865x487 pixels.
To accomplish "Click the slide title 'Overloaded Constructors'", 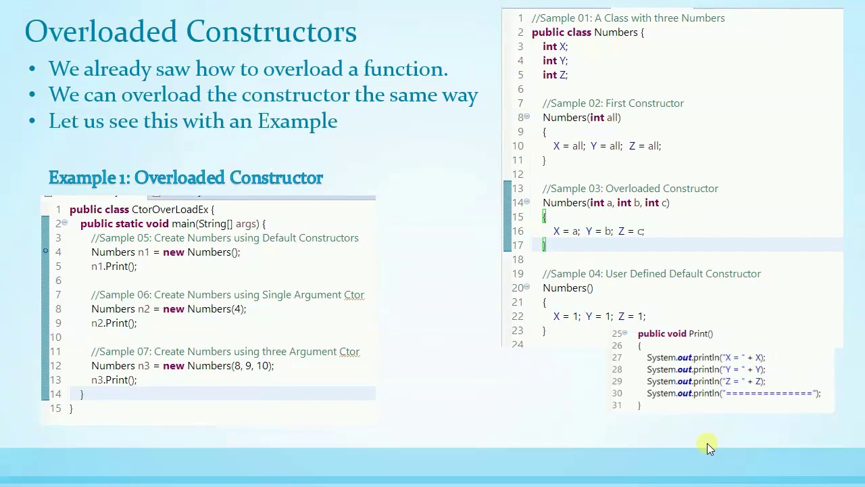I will click(191, 32).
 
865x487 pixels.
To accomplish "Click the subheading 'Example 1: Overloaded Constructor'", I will click(186, 178).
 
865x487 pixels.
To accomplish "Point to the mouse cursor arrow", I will click(709, 447).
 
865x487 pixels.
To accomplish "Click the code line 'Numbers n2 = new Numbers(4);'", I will click(169, 309).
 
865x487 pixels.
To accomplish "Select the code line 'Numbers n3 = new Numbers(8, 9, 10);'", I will click(182, 366).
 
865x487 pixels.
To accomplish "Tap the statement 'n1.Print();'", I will click(114, 266).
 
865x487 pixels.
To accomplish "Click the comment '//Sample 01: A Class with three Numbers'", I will click(628, 18).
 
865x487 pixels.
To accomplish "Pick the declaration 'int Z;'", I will click(555, 75).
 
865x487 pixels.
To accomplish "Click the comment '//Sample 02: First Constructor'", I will click(613, 103).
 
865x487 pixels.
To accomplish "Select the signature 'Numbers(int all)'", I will click(581, 118).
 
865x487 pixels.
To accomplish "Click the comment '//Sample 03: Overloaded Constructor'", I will click(630, 189).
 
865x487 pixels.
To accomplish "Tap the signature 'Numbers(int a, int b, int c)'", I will click(605, 203).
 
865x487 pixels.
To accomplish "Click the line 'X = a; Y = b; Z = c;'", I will click(598, 231).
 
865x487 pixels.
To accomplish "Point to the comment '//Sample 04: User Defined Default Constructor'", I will click(651, 274).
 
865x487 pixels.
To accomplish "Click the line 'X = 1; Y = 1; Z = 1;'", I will click(599, 317).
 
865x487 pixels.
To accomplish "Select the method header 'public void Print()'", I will click(675, 333).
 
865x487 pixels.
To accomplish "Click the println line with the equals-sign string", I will click(733, 394).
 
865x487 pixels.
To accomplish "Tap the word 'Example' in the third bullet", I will click(297, 122).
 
